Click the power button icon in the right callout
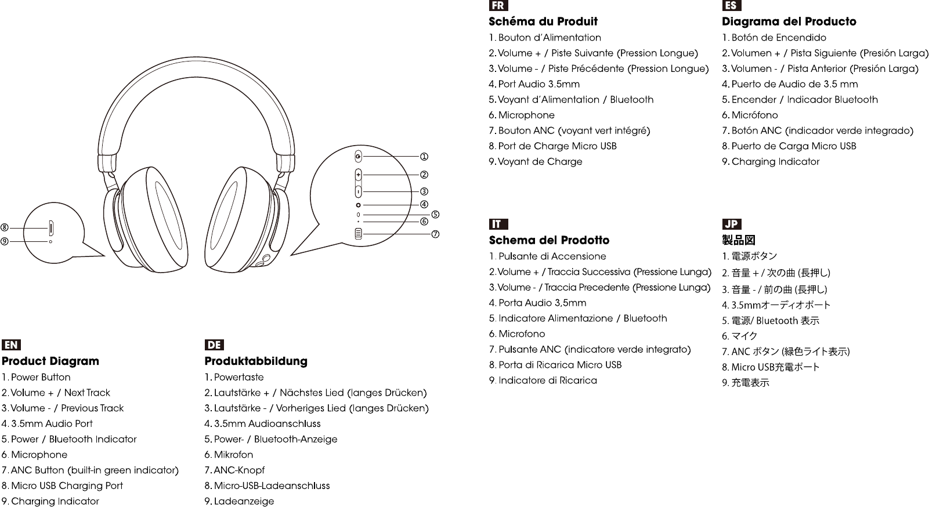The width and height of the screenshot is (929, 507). pyautogui.click(x=358, y=157)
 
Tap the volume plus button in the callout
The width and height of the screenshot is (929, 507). pyautogui.click(x=358, y=175)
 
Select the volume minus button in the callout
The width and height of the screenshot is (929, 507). pyautogui.click(x=358, y=191)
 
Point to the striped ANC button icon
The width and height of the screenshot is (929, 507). pyautogui.click(x=358, y=234)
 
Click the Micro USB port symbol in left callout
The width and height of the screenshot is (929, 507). pyautogui.click(x=51, y=226)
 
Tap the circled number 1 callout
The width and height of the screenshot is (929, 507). pyautogui.click(x=424, y=157)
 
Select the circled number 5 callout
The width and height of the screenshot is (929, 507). pyautogui.click(x=435, y=215)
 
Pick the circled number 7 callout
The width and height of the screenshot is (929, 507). pyautogui.click(x=435, y=234)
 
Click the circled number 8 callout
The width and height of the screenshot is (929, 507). pyautogui.click(x=5, y=227)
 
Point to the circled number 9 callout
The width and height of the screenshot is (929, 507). pyautogui.click(x=5, y=241)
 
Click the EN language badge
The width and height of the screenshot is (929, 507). pyautogui.click(x=11, y=345)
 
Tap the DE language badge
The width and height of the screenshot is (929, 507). pyautogui.click(x=214, y=345)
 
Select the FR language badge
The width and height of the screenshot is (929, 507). pyautogui.click(x=498, y=6)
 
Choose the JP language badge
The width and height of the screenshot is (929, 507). pyautogui.click(x=732, y=224)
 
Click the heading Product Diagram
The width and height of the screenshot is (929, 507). pyautogui.click(x=50, y=361)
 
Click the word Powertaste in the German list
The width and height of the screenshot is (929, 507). pyautogui.click(x=238, y=377)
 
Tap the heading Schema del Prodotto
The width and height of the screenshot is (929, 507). pyautogui.click(x=549, y=240)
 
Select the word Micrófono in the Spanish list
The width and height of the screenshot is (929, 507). pyautogui.click(x=754, y=115)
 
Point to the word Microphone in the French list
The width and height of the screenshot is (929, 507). pyautogui.click(x=526, y=115)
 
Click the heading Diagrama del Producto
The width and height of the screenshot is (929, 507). pyautogui.click(x=789, y=21)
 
